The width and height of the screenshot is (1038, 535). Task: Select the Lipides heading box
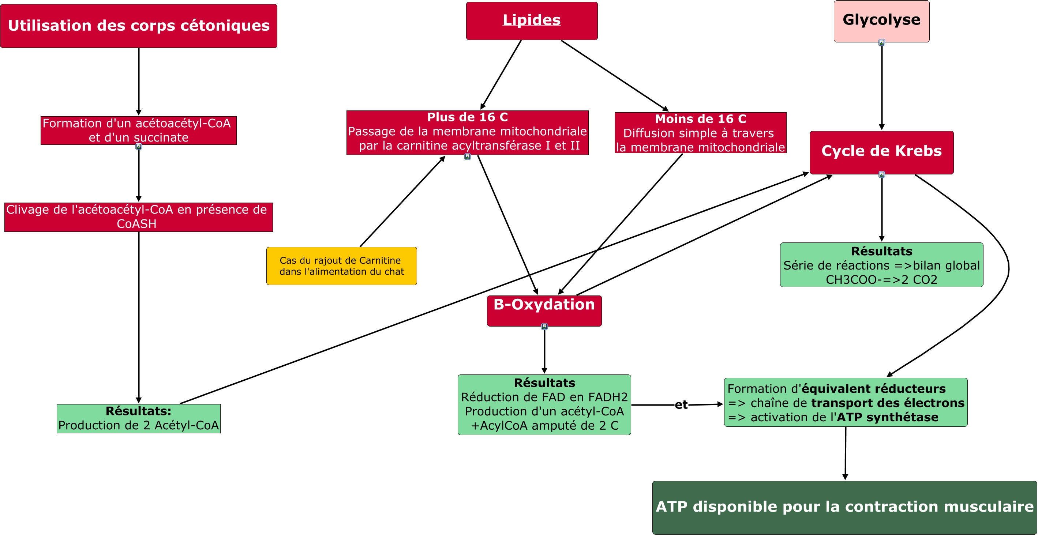click(532, 21)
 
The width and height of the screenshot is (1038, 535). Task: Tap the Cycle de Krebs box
click(881, 152)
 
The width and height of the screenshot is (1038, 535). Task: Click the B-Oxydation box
click(544, 310)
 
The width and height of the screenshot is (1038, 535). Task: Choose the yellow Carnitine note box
click(341, 266)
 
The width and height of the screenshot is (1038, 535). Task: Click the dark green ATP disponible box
click(844, 507)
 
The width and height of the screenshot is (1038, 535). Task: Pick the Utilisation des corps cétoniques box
click(139, 26)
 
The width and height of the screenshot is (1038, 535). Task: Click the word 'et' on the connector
click(681, 404)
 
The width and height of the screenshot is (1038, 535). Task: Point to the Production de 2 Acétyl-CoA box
click(139, 419)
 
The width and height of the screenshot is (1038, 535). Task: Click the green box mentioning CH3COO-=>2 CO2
click(881, 265)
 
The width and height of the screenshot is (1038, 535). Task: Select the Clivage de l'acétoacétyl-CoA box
click(139, 217)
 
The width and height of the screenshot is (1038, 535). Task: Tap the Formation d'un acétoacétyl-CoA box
click(139, 130)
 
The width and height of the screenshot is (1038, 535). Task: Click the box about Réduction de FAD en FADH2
click(544, 404)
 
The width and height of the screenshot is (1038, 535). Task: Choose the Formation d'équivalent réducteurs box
click(846, 402)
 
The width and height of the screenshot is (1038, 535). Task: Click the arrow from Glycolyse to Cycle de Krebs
click(882, 87)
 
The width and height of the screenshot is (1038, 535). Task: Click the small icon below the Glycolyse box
click(882, 43)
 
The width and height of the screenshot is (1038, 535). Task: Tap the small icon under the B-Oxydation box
click(544, 327)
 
